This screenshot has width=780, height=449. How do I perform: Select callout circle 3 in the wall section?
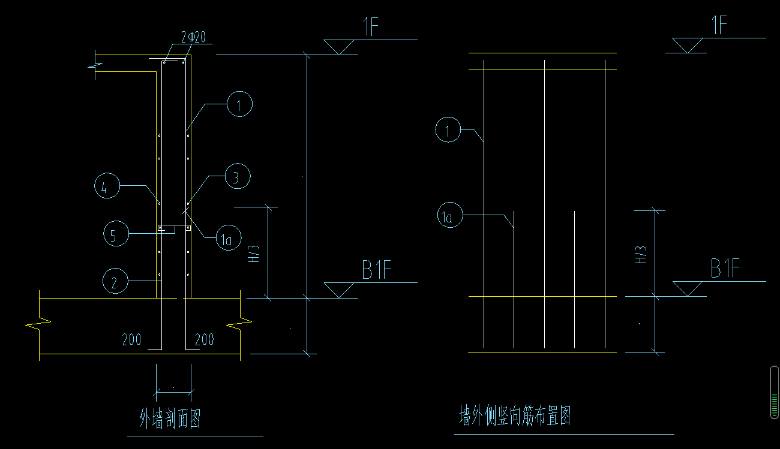[238, 177]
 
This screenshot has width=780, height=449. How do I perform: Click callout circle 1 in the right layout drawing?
[448, 130]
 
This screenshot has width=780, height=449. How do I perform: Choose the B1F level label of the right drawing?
[725, 269]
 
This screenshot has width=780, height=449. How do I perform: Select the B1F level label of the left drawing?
[377, 271]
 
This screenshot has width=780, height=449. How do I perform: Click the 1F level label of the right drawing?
[718, 26]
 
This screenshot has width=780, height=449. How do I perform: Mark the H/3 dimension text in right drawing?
[641, 254]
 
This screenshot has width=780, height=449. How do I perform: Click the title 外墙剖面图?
[170, 418]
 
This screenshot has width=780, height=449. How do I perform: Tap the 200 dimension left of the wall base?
[131, 340]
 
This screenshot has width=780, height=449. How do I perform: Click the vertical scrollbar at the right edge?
[774, 393]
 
